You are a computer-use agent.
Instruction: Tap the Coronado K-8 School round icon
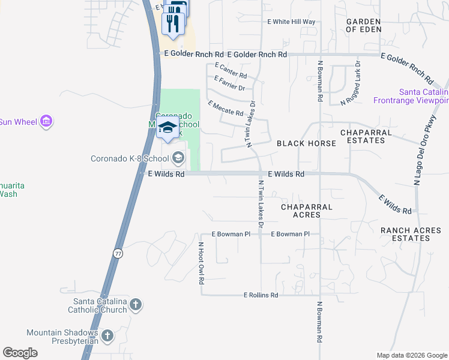(178, 158)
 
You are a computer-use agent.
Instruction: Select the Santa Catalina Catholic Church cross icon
(136, 305)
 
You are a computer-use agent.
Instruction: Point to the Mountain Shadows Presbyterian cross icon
(107, 336)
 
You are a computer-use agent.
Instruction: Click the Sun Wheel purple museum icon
(46, 122)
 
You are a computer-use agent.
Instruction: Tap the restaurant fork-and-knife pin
(173, 23)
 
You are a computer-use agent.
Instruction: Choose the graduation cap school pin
(166, 128)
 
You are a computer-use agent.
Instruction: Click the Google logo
(20, 353)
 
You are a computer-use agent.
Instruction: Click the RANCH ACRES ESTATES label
(411, 234)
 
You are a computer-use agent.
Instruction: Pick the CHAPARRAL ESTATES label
(366, 136)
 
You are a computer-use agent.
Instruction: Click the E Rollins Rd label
(261, 295)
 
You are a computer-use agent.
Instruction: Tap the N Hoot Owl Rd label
(201, 263)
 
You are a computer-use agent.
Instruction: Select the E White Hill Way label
(291, 22)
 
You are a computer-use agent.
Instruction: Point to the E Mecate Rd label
(226, 109)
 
